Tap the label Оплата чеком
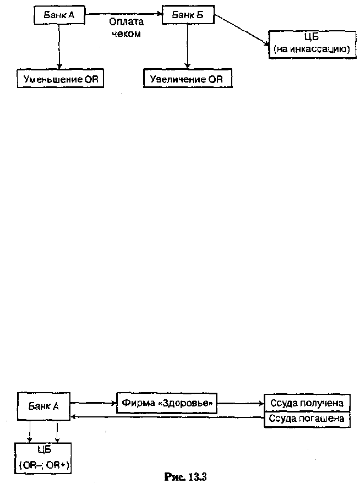(x=126, y=28)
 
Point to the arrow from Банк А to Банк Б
(x=124, y=14)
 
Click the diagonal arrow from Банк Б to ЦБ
(x=241, y=30)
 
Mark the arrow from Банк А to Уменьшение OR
(x=59, y=47)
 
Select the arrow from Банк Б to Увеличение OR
(x=187, y=46)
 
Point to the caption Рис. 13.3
(x=186, y=477)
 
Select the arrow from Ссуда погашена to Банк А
(x=167, y=417)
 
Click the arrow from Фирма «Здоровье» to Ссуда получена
(x=241, y=403)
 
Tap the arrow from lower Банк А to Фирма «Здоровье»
(x=94, y=403)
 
